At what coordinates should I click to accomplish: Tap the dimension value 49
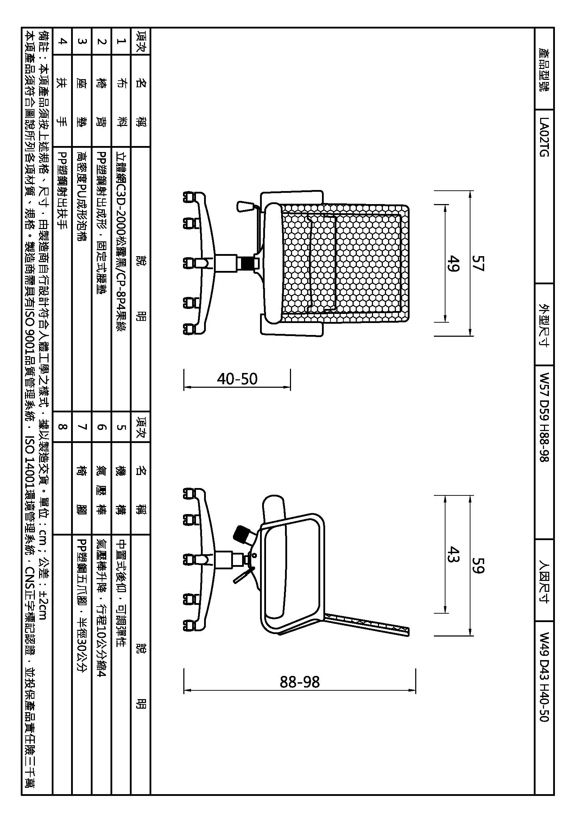tap(453, 263)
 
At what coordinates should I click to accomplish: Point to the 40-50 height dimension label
tap(237, 379)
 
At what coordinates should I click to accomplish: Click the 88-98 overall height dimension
tap(299, 682)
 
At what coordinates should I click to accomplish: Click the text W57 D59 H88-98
tap(544, 417)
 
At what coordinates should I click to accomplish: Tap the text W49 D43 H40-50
tap(544, 677)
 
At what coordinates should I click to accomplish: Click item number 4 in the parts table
tap(62, 41)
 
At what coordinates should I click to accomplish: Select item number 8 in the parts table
tap(62, 426)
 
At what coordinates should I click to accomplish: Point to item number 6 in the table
tap(102, 426)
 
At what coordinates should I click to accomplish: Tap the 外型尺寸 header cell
tap(544, 325)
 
